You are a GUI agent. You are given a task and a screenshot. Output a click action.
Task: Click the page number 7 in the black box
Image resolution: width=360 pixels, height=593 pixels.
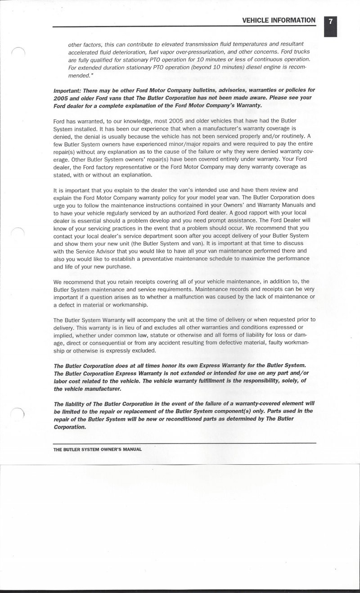[x=330, y=21]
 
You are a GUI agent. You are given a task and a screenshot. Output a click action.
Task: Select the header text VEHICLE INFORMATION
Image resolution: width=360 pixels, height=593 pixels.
[x=279, y=20]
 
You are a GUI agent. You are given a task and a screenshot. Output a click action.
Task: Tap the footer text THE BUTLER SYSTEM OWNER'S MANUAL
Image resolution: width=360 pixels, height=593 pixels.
[x=98, y=449]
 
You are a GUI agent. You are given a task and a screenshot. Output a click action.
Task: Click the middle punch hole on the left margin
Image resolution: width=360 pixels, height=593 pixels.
[x=18, y=234]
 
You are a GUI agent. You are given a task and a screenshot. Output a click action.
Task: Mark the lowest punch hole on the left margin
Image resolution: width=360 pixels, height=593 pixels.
[x=18, y=412]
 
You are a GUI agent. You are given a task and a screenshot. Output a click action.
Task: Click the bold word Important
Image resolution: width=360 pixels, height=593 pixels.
[x=67, y=91]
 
